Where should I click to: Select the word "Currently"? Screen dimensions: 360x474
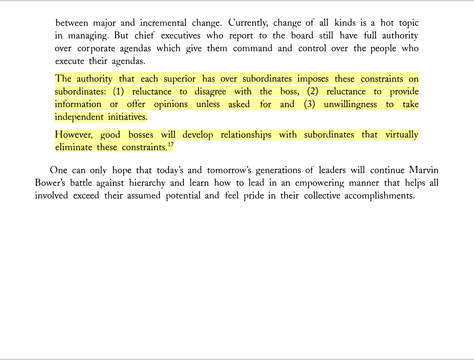(247, 22)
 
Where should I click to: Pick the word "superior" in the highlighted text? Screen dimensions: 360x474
(179, 79)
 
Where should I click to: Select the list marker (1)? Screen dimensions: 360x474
(118, 92)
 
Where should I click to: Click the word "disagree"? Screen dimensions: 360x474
(210, 92)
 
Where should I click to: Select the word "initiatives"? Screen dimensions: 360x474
(127, 117)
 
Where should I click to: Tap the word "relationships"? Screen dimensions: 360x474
(246, 135)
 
